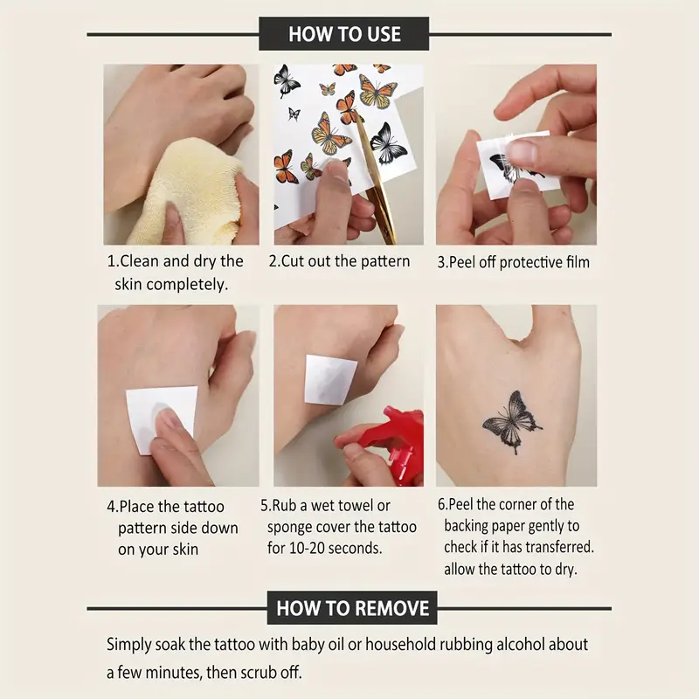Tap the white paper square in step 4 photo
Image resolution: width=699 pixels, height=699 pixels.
click(x=158, y=419)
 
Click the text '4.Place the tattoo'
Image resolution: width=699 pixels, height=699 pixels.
click(x=165, y=506)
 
